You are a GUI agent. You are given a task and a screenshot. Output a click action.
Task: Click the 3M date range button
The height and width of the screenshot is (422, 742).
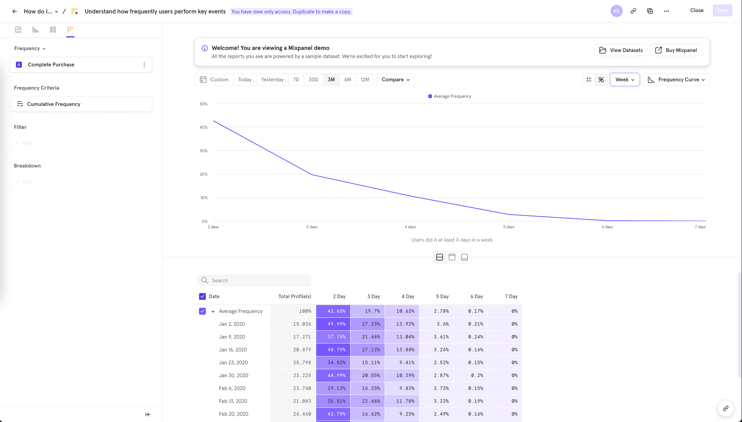pos(331,79)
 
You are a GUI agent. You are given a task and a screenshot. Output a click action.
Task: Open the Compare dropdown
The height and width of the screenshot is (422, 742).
pos(395,79)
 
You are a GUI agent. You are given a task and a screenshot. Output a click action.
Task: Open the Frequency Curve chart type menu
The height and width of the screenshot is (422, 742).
pos(676,79)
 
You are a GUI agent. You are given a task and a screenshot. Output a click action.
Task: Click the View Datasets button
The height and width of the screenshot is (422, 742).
pos(621,50)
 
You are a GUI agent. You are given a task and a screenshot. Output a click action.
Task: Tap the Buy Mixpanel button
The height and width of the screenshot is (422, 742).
pos(676,50)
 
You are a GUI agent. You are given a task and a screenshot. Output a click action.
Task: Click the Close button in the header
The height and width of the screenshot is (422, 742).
pos(697,10)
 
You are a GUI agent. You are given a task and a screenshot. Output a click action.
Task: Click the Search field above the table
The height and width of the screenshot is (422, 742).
pos(254,280)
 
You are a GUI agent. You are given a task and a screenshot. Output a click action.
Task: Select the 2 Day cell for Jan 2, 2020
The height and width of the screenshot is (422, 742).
pos(333,324)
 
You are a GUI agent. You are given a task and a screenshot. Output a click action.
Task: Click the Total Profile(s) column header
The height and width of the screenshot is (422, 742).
pos(294,296)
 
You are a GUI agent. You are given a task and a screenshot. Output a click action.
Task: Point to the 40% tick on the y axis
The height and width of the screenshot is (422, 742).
pos(204,127)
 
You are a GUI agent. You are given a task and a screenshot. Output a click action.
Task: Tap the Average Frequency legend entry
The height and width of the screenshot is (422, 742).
pos(450,96)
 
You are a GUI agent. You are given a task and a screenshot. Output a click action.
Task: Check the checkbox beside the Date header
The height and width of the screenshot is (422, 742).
pos(202,296)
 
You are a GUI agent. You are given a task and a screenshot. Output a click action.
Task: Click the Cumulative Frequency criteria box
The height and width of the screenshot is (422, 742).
pos(81,104)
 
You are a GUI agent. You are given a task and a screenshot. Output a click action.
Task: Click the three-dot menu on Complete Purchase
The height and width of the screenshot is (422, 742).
pos(144,65)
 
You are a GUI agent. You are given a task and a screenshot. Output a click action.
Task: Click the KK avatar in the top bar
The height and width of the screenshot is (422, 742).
pos(616,11)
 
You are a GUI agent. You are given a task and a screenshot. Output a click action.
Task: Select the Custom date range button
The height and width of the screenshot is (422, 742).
pos(214,79)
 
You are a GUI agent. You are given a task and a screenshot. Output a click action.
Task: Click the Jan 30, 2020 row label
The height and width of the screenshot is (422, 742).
pos(233,375)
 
